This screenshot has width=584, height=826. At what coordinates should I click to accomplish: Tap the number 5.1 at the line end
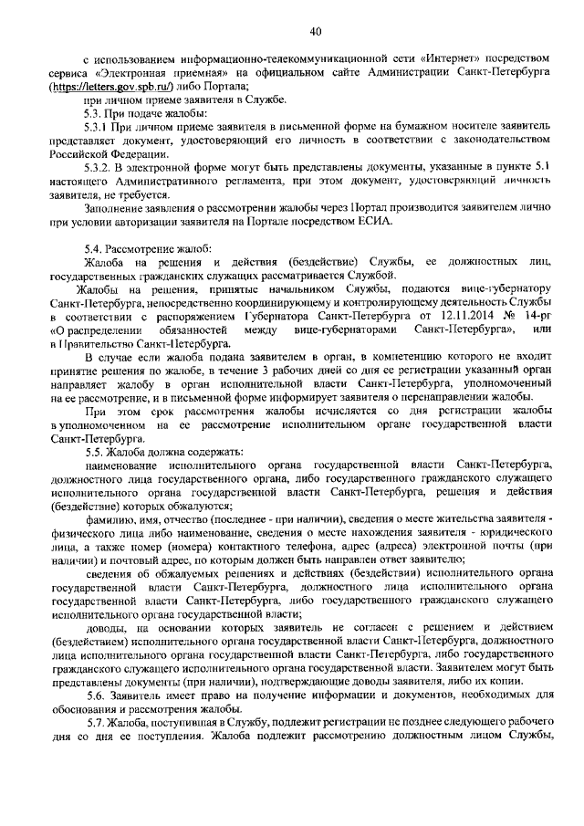(x=542, y=168)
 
